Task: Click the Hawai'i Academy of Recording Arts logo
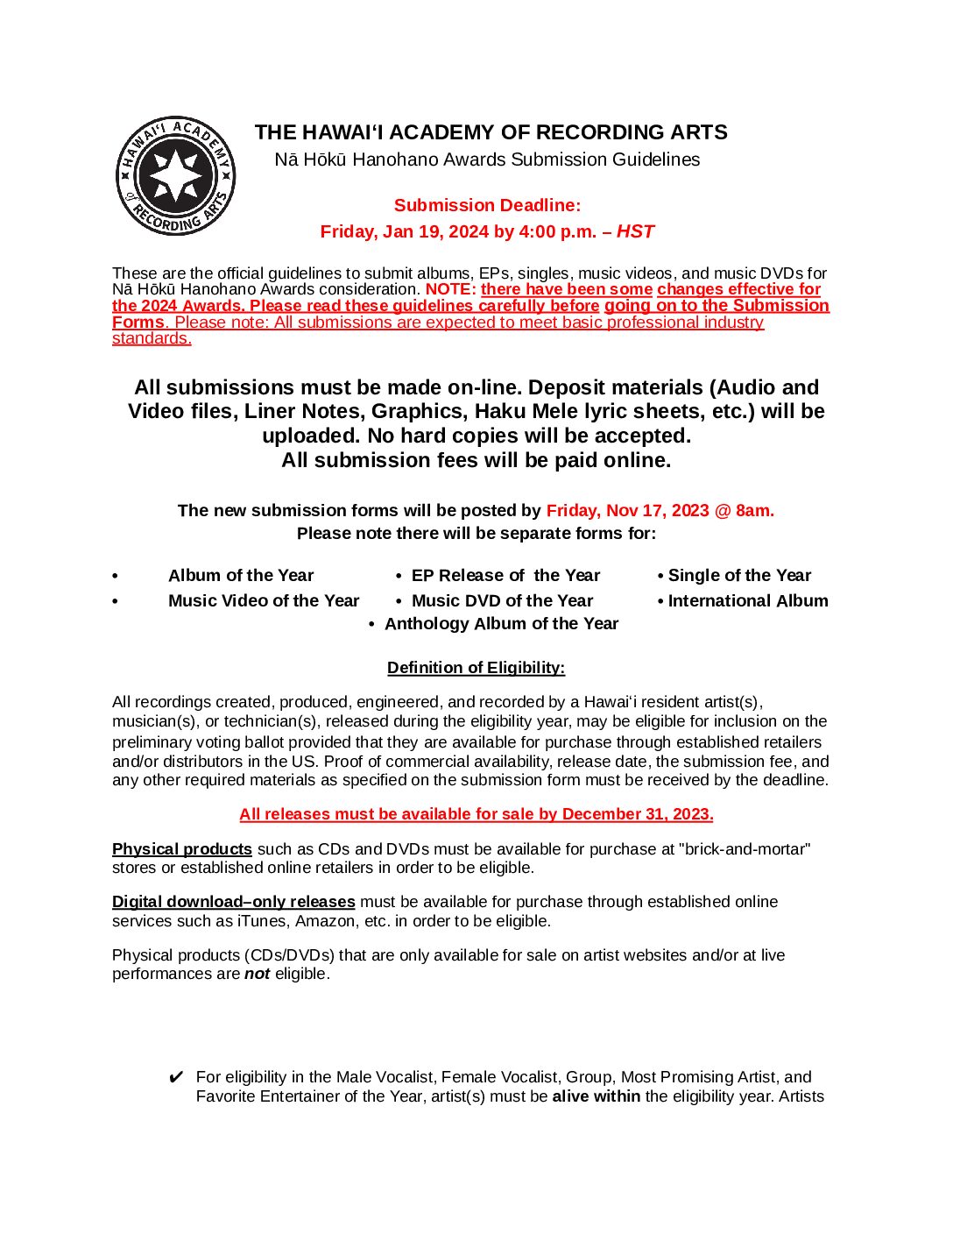coord(176,176)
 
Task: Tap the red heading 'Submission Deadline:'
coord(487,205)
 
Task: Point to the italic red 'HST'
coord(635,231)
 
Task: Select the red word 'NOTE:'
coord(451,289)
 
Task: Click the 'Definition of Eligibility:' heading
coord(476,668)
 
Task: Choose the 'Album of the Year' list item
coord(241,576)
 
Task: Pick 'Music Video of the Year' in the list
coord(264,601)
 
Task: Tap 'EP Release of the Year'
coord(505,576)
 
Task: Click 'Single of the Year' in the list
coord(739,576)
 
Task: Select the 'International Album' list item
coord(748,601)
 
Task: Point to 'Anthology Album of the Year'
coord(501,624)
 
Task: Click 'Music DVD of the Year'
coord(502,601)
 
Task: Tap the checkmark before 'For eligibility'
coord(175,1077)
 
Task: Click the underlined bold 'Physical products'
coord(182,849)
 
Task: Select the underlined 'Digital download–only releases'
coord(234,902)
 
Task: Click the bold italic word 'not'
coord(257,974)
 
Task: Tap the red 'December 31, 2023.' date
coord(638,814)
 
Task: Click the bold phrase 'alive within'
coord(596,1096)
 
